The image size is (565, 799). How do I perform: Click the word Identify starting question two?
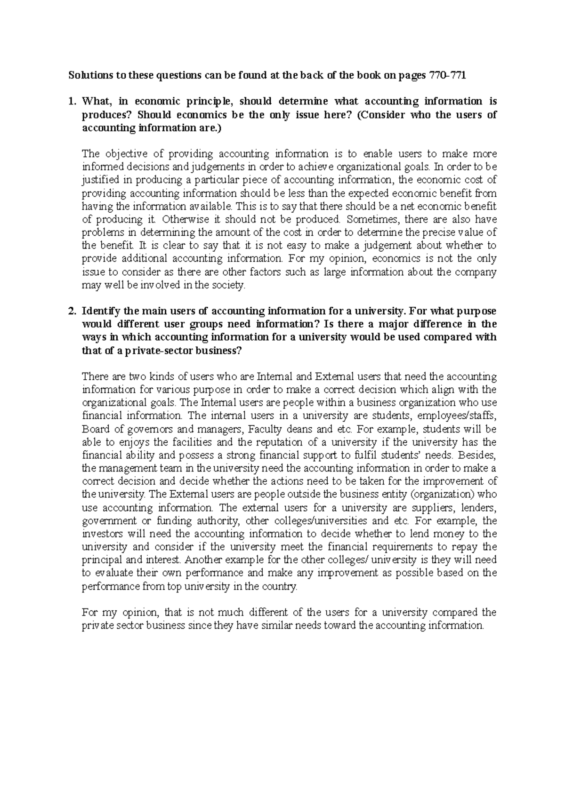pos(101,311)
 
